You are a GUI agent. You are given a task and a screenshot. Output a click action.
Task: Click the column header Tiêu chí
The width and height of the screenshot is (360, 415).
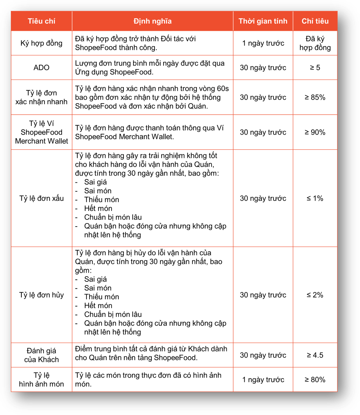[x=41, y=21]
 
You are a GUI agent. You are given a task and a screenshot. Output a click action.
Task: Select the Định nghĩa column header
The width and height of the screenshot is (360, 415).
[x=152, y=21]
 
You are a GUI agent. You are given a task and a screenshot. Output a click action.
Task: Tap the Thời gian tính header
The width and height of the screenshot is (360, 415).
[x=263, y=21]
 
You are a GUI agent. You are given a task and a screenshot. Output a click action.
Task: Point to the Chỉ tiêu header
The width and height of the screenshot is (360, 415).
[x=315, y=21]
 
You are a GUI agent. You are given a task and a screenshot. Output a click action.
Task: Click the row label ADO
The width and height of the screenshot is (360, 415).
[x=41, y=68]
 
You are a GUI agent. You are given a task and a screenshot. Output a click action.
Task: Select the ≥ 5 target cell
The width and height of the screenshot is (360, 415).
[x=315, y=68]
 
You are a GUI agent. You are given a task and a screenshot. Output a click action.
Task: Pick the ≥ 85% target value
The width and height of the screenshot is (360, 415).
[x=315, y=97]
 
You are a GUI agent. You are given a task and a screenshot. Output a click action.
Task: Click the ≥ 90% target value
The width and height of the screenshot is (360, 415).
[x=315, y=132]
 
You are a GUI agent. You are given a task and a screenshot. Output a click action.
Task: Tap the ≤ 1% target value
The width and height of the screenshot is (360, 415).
[x=315, y=198]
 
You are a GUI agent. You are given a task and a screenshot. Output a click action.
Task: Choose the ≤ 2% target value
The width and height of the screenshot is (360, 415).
[x=315, y=295]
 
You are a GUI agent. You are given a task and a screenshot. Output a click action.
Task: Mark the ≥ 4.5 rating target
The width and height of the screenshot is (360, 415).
[x=315, y=355]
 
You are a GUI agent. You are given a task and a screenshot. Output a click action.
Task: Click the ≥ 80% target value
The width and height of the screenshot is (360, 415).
[x=315, y=380]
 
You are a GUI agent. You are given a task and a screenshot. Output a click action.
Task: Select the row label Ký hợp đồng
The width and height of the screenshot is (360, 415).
[x=41, y=43]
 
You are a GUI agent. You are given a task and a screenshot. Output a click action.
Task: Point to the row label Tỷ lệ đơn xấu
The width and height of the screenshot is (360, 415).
[x=41, y=198]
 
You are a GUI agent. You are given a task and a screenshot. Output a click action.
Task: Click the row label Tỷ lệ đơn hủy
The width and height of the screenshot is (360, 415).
[x=41, y=295]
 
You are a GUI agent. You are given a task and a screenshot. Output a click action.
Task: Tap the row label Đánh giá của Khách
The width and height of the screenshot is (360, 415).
[x=41, y=355]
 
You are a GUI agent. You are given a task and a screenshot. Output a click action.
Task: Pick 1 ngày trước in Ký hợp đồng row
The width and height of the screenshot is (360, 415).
[x=263, y=43]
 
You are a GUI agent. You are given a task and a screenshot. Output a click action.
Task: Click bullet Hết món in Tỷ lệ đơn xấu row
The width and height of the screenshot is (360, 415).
[x=98, y=209]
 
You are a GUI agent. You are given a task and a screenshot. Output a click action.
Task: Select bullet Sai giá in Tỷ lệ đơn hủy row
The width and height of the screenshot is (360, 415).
[x=95, y=279]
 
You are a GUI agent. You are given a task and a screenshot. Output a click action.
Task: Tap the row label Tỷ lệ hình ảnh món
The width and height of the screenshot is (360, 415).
[x=41, y=380]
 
